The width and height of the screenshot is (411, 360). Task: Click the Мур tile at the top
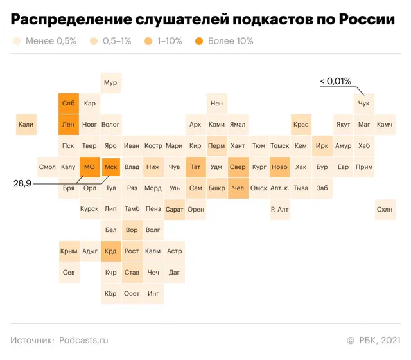click(x=111, y=83)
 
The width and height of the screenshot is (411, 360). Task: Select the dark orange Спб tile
click(x=69, y=104)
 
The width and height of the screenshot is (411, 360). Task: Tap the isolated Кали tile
click(x=26, y=125)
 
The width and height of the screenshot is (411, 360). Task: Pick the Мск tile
click(x=111, y=167)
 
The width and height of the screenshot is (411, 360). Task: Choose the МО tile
click(x=90, y=167)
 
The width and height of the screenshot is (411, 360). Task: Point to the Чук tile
click(x=364, y=104)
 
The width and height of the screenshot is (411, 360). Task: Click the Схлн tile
click(x=385, y=210)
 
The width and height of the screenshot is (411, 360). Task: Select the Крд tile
click(x=111, y=251)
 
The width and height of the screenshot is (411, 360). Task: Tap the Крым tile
click(x=69, y=251)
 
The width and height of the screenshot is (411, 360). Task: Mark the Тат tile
click(x=195, y=167)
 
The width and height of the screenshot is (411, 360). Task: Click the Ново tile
click(x=280, y=167)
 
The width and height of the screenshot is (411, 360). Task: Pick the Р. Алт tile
click(x=280, y=210)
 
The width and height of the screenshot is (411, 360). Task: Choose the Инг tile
click(x=153, y=294)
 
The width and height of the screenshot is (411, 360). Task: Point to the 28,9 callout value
click(x=22, y=183)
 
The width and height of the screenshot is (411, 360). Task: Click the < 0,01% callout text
click(x=335, y=81)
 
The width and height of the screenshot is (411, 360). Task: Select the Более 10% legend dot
click(x=199, y=41)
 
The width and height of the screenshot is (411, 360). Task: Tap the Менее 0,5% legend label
click(x=51, y=41)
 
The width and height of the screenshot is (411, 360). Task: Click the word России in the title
click(x=367, y=19)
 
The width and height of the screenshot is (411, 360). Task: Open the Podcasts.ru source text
click(x=83, y=340)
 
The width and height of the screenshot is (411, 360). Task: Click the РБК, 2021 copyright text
click(x=380, y=340)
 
